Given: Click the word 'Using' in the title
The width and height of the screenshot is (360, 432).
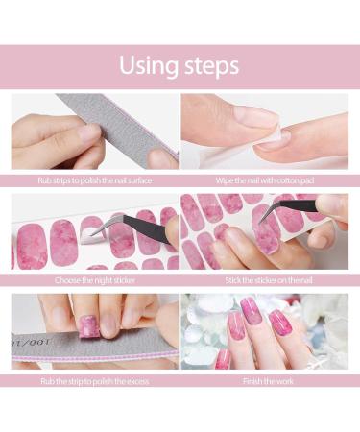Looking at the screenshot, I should (x=150, y=66).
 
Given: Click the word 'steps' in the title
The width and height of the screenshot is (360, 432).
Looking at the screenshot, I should (x=210, y=66).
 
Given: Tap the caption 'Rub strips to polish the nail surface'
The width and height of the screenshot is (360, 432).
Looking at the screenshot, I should (x=94, y=180).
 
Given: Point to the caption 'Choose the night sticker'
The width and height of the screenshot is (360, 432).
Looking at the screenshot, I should (x=94, y=280).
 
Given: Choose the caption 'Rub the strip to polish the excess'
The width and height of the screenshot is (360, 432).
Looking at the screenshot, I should (x=94, y=380).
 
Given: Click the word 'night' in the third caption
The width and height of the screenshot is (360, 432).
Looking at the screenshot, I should (x=104, y=280).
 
